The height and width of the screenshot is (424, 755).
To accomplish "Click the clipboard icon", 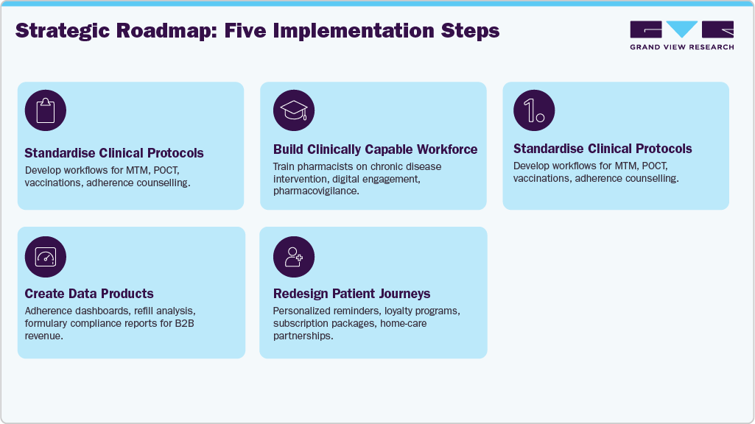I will tap(46, 110).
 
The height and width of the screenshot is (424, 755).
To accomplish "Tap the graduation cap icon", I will tap(294, 110).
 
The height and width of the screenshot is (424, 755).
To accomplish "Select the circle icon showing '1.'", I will tap(534, 110).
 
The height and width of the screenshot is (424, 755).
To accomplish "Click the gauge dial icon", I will tap(46, 256).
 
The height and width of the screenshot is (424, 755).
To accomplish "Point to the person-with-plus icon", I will tap(294, 256).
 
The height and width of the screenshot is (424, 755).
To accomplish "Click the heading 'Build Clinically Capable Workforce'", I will tap(375, 149).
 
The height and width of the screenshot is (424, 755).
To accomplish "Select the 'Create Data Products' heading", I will tap(89, 294).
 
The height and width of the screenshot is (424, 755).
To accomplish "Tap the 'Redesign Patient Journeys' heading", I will tap(352, 294).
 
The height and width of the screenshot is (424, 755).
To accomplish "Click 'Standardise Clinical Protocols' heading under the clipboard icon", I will tap(114, 153).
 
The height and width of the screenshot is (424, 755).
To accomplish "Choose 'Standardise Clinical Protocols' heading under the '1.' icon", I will tap(603, 149).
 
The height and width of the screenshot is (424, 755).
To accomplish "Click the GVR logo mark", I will tap(681, 30).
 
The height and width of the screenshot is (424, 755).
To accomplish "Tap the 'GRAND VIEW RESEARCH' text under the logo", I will tap(681, 47).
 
